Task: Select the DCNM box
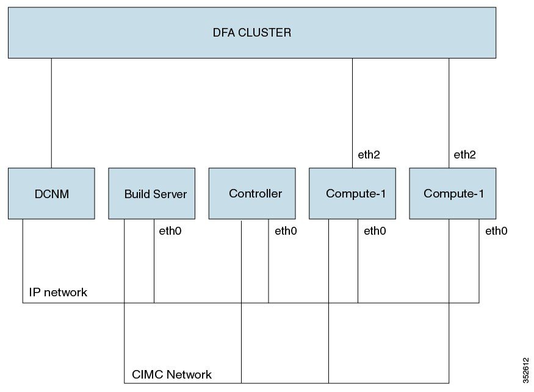[51, 193]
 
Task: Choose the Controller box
[256, 193]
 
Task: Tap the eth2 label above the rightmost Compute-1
[465, 155]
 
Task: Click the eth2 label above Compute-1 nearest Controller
[369, 155]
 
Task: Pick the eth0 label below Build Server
[170, 231]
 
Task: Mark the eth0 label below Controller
[286, 231]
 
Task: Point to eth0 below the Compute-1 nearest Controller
[375, 231]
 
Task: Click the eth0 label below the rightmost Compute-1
[496, 231]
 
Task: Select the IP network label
[58, 293]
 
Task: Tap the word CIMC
[146, 374]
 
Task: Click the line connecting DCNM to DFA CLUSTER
[51, 113]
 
